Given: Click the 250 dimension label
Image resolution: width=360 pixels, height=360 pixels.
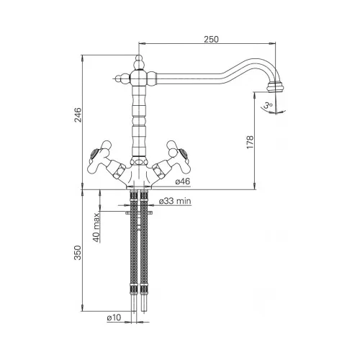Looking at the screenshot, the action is coord(212,39).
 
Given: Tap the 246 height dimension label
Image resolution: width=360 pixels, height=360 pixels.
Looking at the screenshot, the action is coord(78,115).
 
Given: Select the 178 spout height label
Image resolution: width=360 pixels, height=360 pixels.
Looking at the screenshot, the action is coord(250,142).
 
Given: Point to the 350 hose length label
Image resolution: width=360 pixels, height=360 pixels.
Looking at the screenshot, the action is coord(78,253).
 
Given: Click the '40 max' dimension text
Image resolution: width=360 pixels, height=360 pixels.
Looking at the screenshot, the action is coord(96,228).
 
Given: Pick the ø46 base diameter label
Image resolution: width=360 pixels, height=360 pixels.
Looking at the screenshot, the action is coord(183,181).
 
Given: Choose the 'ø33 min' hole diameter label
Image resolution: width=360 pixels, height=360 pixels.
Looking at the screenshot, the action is coord(175,201).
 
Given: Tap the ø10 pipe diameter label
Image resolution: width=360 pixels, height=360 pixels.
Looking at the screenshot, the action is coord(114,318).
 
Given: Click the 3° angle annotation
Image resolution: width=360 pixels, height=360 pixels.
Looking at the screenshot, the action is coord(268,105).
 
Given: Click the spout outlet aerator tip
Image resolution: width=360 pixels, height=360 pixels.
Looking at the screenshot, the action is coord(274,87).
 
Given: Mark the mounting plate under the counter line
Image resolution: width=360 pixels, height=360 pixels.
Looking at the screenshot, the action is coord(139,212).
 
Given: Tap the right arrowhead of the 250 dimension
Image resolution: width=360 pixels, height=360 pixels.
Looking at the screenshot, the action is coord(272,43).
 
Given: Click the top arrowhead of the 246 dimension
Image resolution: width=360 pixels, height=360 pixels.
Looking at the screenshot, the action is coord(82,58).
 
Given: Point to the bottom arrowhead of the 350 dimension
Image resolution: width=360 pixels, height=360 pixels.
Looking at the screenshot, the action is coord(82,308).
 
